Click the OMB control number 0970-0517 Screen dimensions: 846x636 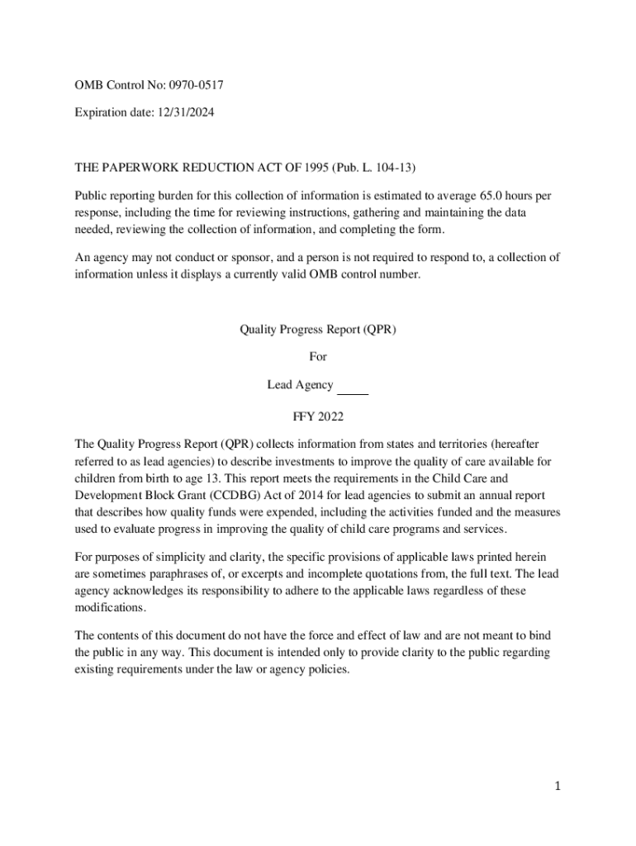pos(196,84)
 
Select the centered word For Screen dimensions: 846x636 pos(318,357)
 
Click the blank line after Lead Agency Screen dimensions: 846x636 pos(354,386)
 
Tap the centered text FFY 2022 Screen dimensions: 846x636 pos(318,416)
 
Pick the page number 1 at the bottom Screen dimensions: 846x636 pos(558,787)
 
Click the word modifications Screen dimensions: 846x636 pos(111,607)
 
